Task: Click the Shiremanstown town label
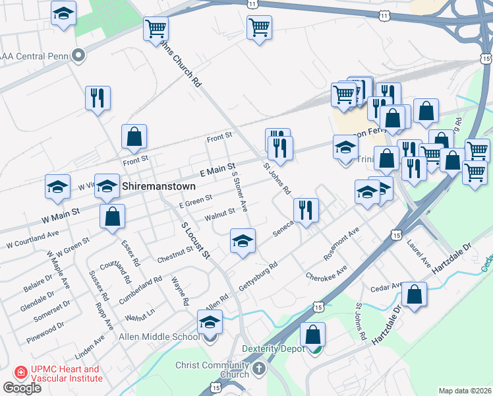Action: coord(158,187)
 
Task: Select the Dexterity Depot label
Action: coord(273,348)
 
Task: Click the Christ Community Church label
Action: coord(211,370)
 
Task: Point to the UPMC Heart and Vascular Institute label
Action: coord(64,374)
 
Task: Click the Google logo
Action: coord(22,388)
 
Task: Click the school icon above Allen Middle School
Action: coord(210,322)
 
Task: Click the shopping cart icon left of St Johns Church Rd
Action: coord(156,28)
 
